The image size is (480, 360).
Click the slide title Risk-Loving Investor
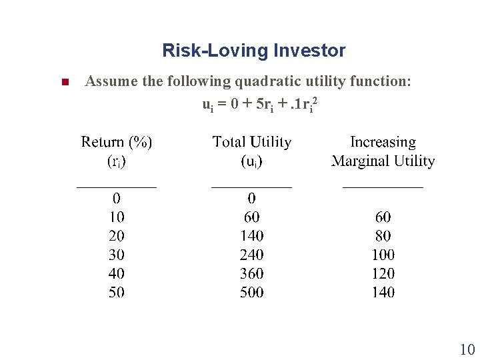point(253,51)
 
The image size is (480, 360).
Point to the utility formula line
point(259,105)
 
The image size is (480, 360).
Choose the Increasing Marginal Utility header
point(383,151)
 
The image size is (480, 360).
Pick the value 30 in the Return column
point(117,255)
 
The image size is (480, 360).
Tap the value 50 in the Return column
point(117,292)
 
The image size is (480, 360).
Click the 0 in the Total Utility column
point(251,198)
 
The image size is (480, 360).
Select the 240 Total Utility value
point(251,255)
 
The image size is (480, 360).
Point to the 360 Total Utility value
point(251,273)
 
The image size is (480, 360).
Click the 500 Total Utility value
point(251,292)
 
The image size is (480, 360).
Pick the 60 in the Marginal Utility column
point(383,217)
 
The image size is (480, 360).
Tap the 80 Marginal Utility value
point(383,235)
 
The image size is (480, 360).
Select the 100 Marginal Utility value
point(383,255)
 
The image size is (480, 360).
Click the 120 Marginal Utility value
point(383,273)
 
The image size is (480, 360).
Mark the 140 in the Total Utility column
point(251,235)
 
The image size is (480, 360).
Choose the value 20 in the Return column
point(117,235)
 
